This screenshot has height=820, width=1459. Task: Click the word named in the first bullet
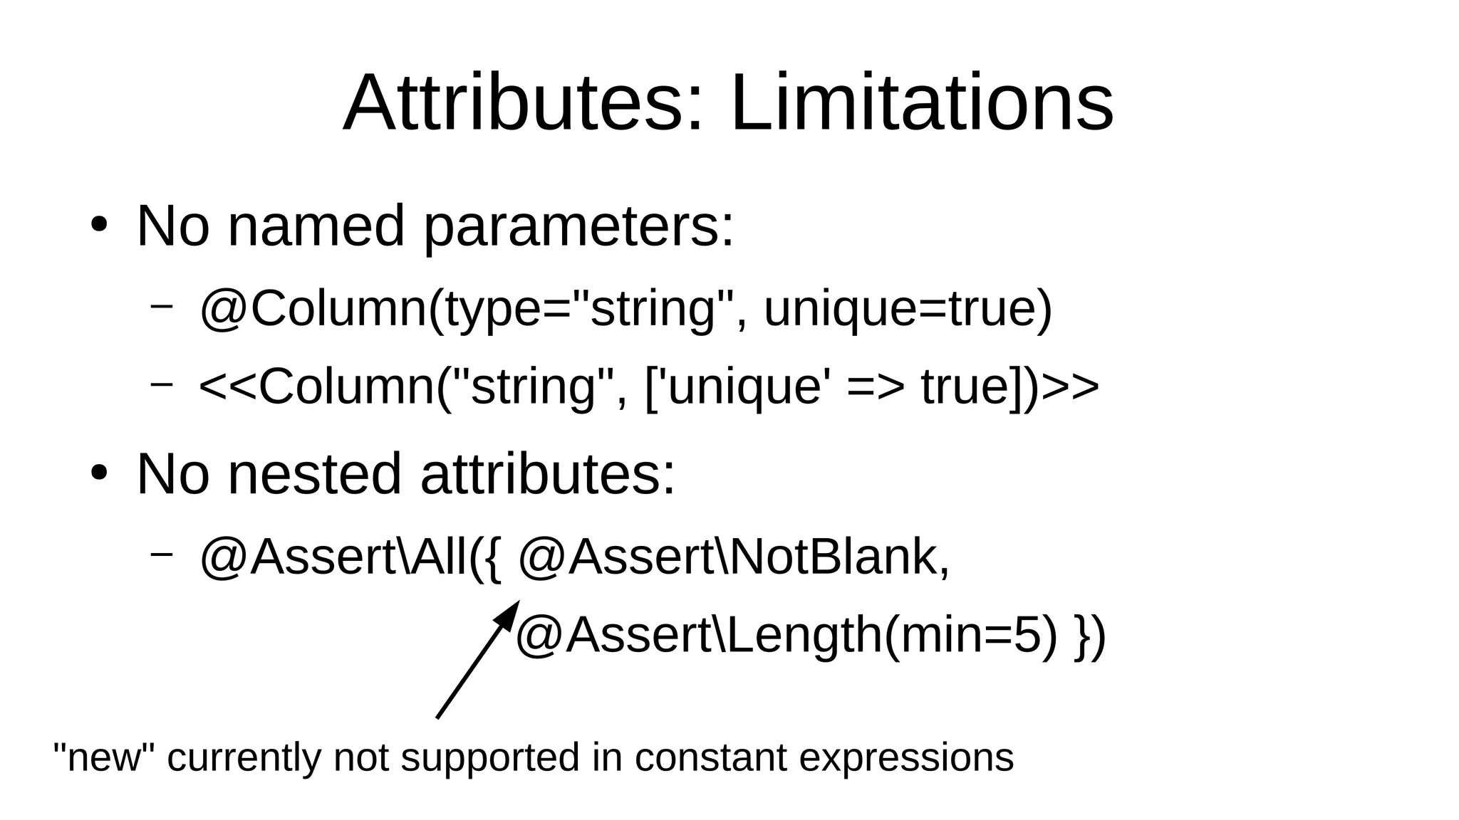(x=316, y=226)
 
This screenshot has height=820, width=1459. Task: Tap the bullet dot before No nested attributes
(x=99, y=473)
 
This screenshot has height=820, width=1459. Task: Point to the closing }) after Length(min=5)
(x=1090, y=636)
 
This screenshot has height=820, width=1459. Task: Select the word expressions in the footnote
(x=906, y=758)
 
